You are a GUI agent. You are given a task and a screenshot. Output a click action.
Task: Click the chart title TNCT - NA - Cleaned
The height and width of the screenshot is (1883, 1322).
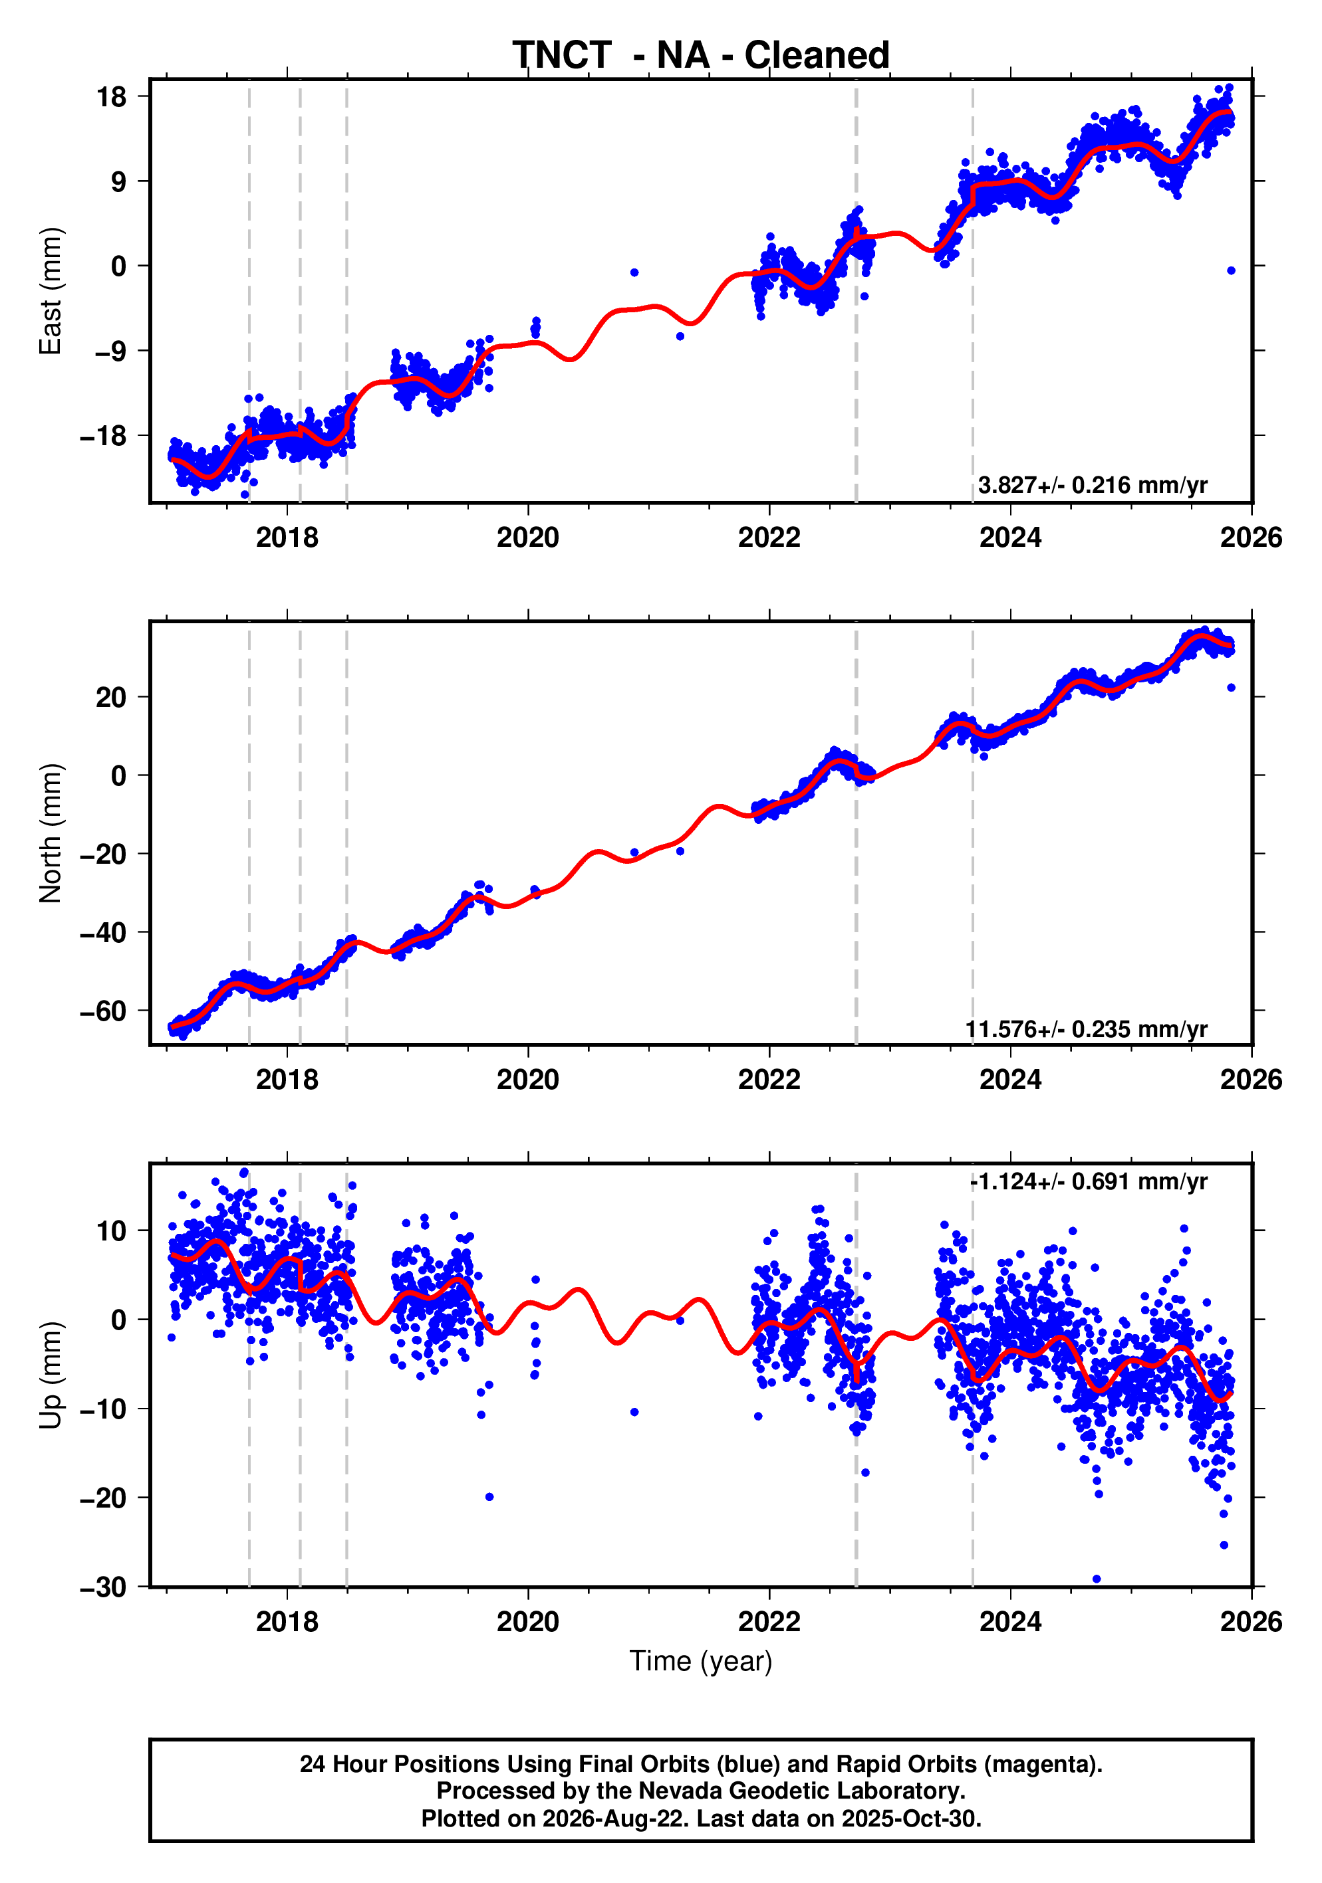click(x=701, y=56)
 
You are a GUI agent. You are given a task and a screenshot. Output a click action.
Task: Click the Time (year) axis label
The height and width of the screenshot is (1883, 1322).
click(x=701, y=1660)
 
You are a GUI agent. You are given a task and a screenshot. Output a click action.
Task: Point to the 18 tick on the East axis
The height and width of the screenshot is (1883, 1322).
click(x=112, y=97)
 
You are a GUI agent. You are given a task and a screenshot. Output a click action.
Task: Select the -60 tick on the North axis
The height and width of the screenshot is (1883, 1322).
click(x=103, y=1011)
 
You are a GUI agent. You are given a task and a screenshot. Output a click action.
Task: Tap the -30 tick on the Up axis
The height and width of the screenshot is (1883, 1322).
click(x=103, y=1587)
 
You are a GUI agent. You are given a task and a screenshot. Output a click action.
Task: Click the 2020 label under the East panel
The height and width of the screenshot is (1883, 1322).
click(x=527, y=538)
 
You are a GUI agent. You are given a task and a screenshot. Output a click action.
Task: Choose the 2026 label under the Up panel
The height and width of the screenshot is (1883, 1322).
click(x=1252, y=1622)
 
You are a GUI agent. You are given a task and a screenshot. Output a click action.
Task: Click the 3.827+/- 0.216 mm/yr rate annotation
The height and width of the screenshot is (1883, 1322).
click(x=1092, y=486)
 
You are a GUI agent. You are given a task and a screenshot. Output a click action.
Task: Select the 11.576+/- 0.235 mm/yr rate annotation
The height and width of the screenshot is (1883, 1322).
click(x=1086, y=1029)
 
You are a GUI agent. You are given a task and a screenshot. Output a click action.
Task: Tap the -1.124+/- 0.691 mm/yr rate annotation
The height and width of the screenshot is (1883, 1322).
click(x=1088, y=1182)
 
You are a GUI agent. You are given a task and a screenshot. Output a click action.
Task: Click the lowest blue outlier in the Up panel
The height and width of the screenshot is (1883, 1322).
click(x=1097, y=1579)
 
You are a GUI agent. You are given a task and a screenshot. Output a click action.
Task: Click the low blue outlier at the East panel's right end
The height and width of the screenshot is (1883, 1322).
click(x=1231, y=270)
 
